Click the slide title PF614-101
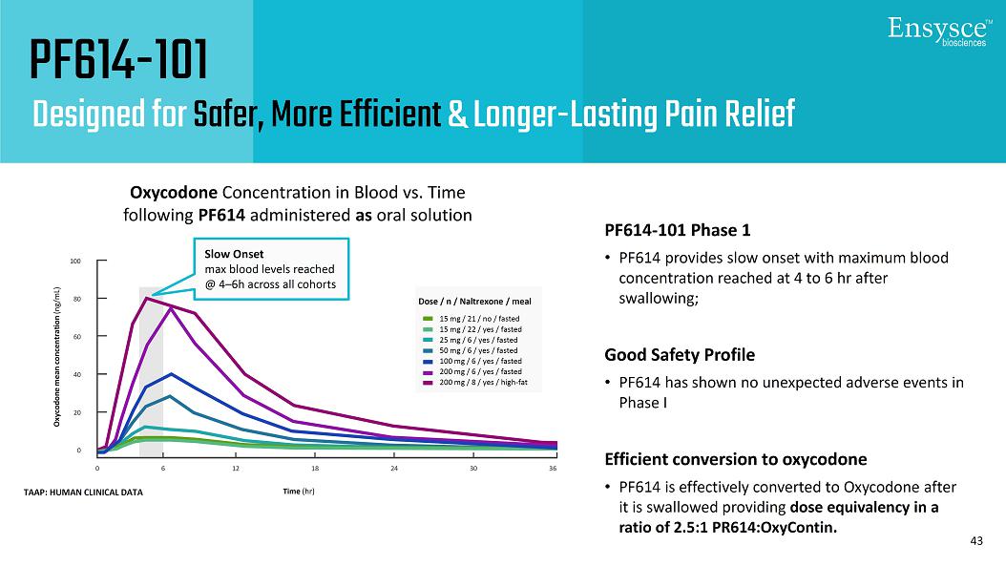click(118, 61)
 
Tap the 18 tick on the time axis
click(315, 469)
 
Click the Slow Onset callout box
click(270, 269)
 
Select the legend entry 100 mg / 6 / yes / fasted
click(479, 361)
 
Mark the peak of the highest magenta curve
click(146, 298)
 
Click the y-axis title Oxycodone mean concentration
click(59, 355)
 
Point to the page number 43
click(975, 541)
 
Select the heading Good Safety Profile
click(679, 355)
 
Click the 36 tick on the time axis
click(553, 469)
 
